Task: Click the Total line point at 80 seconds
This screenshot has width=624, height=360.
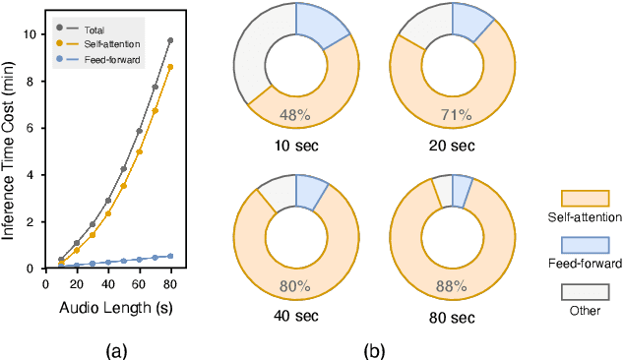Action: [x=170, y=40]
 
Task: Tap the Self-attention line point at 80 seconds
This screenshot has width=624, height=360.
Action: [x=170, y=67]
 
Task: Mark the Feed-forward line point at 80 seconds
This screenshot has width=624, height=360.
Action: [x=170, y=256]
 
